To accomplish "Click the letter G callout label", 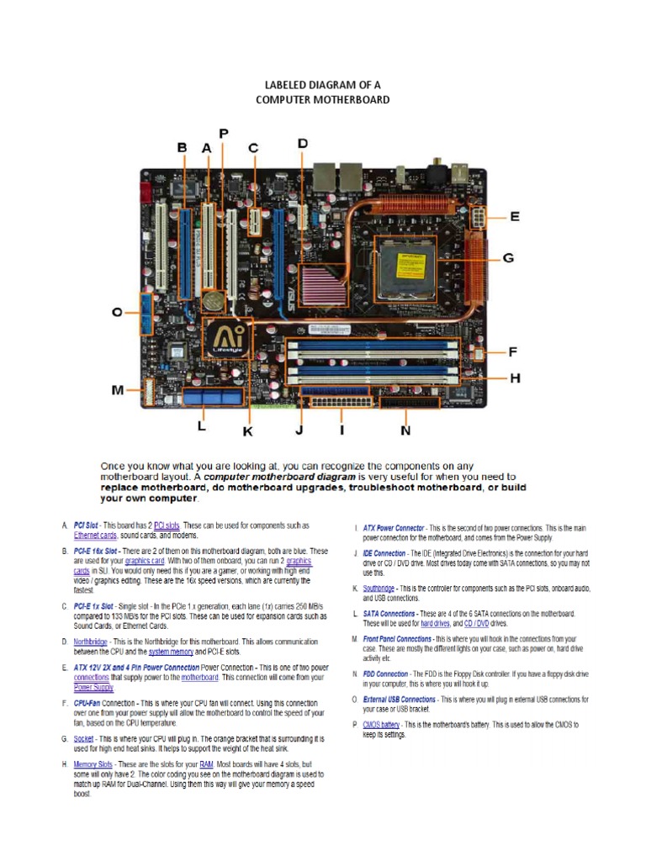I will pos(508,258).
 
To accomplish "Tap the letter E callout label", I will pos(514,216).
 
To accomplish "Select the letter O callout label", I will pos(118,313).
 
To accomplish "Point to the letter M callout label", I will pos(119,390).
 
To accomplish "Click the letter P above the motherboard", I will pos(224,134).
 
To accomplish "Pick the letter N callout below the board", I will pos(405,430).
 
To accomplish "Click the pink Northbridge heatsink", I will pos(323,281).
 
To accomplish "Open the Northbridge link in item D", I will pos(90,641).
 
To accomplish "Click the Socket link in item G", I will pos(83,739).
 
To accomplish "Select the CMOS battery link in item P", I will pos(381,724).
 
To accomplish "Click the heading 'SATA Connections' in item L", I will pos(389,614).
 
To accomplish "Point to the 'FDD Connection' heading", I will pos(385,674).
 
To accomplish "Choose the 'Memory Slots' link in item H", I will pos(93,764).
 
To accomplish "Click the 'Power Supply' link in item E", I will pos(93,687).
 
